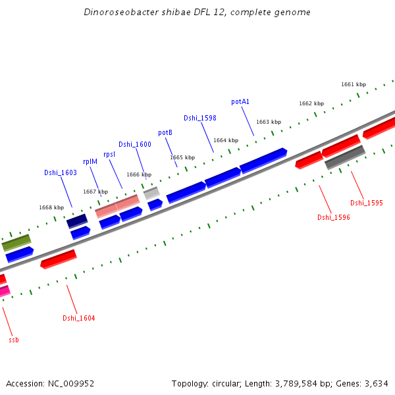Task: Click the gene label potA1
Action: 240,102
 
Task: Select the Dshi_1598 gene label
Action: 200,118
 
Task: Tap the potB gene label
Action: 165,133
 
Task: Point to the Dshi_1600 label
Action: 135,144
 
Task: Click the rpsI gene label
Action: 109,154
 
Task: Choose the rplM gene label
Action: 90,161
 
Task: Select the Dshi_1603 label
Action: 61,172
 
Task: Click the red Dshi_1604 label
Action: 79,319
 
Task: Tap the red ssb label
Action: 14,340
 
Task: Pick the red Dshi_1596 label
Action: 334,217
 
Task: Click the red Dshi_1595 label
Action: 367,203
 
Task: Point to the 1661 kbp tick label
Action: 354,84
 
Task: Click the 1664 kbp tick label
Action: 226,140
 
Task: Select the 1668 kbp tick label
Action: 51,207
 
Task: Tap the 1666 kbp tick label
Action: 139,174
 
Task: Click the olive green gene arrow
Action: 16,243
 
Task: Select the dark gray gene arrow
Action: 345,157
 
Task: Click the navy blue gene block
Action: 77,221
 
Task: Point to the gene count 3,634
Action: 377,383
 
